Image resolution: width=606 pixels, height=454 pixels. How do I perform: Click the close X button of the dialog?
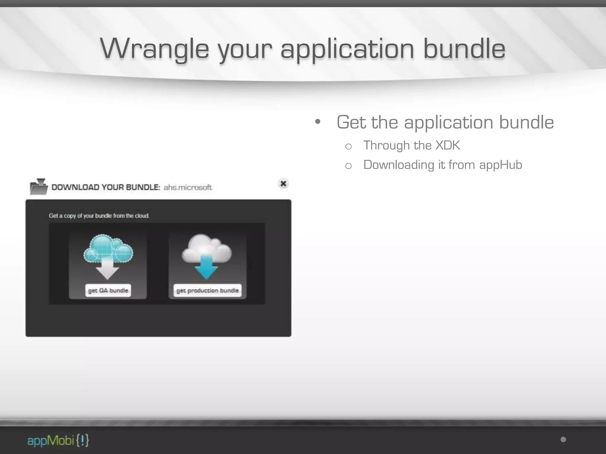[283, 184]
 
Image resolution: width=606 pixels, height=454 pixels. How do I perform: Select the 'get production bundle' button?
[207, 291]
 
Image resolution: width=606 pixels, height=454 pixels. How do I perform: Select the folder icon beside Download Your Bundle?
[39, 187]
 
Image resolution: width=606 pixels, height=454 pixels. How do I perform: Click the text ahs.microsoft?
[188, 187]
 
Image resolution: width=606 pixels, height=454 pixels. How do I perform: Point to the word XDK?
[448, 145]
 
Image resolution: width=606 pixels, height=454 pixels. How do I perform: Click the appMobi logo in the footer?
[58, 440]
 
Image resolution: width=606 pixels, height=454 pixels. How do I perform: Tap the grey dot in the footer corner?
[563, 440]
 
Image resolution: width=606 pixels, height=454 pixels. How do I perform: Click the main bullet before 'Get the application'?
[318, 122]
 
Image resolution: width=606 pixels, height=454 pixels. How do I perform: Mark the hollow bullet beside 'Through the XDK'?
[348, 146]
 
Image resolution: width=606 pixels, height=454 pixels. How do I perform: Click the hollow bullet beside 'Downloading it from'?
[348, 166]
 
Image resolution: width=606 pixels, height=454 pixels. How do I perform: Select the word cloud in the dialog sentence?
[142, 216]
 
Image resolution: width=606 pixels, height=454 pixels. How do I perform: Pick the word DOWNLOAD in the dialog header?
[75, 187]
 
